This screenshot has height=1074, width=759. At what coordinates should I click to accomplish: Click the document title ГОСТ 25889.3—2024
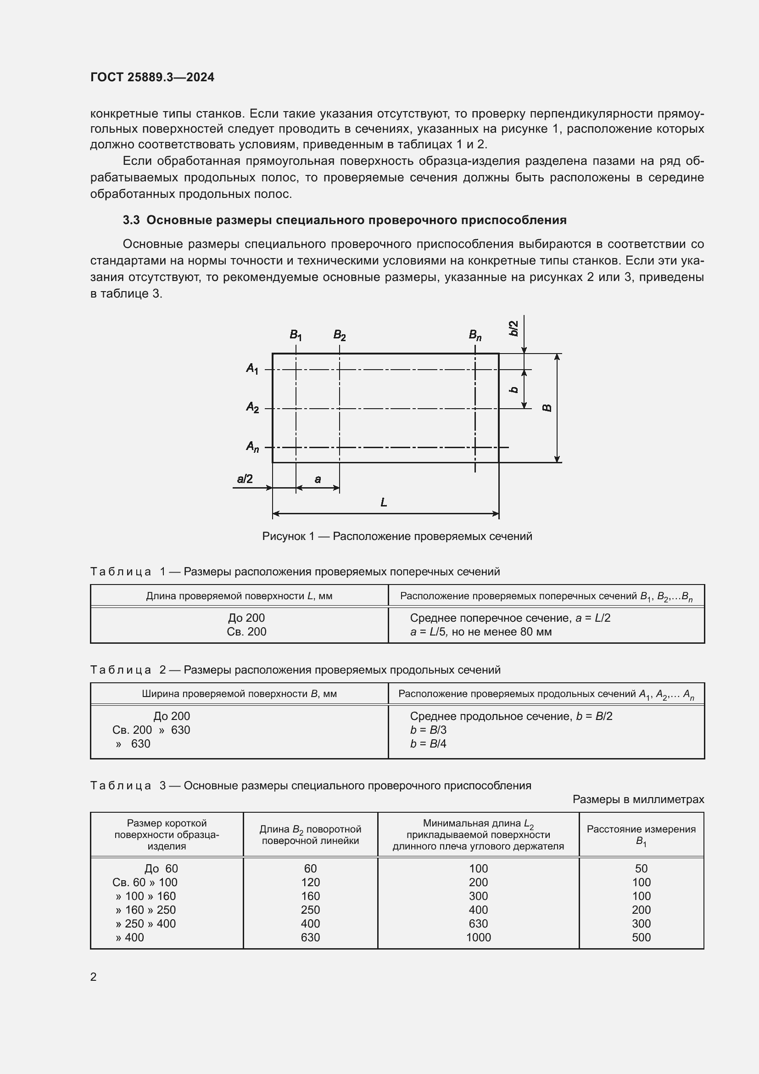[152, 77]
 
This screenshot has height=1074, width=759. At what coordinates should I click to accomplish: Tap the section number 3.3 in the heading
[131, 220]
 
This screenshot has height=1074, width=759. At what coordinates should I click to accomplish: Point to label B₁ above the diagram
[296, 335]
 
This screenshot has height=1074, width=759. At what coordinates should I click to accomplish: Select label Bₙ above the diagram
[475, 335]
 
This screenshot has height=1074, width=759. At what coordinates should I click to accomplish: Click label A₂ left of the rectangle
[252, 407]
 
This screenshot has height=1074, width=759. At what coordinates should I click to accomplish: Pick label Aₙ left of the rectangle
[252, 447]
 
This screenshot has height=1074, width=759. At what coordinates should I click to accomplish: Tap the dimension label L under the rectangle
[384, 502]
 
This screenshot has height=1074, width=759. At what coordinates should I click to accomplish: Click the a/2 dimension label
[245, 478]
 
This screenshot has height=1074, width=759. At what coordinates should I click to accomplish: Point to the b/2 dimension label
[513, 328]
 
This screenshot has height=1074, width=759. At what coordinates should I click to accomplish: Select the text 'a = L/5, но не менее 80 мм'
[480, 632]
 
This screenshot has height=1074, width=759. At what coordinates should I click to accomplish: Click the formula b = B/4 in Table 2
[428, 744]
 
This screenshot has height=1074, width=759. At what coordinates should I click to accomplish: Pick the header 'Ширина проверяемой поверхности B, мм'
[239, 694]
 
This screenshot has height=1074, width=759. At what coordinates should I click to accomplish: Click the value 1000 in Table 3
[478, 938]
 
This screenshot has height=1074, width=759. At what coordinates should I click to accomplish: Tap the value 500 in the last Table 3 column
[641, 938]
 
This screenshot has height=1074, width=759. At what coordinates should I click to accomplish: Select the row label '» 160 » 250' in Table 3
[145, 910]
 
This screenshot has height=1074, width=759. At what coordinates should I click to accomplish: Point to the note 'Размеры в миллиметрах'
[638, 799]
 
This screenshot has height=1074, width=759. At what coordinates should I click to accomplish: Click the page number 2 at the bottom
[94, 977]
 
